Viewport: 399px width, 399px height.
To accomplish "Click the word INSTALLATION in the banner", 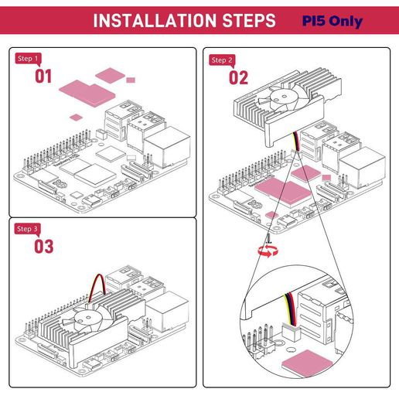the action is pyautogui.click(x=155, y=21).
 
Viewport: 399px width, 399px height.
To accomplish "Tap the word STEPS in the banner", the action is pyautogui.click(x=249, y=21).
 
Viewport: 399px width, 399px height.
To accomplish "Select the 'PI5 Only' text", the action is pyautogui.click(x=332, y=22).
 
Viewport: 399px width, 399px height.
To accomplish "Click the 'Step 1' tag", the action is pyautogui.click(x=28, y=59).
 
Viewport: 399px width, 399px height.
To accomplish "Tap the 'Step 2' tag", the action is pyautogui.click(x=222, y=60).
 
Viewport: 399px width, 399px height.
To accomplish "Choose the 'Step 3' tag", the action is pyautogui.click(x=27, y=229).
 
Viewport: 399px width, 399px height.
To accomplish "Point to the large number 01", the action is pyautogui.click(x=43, y=77).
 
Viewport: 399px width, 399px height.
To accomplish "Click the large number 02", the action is pyautogui.click(x=238, y=78).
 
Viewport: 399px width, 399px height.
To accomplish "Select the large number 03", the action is pyautogui.click(x=44, y=247).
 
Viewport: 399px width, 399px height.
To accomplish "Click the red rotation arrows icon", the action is pyautogui.click(x=268, y=251).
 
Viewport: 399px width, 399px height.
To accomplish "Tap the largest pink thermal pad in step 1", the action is pyautogui.click(x=87, y=93).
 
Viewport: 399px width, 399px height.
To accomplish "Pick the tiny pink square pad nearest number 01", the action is pyautogui.click(x=76, y=118).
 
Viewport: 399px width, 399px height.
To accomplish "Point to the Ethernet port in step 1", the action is pyautogui.click(x=166, y=146).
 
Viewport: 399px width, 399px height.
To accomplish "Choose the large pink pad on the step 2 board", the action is pyautogui.click(x=283, y=192).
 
